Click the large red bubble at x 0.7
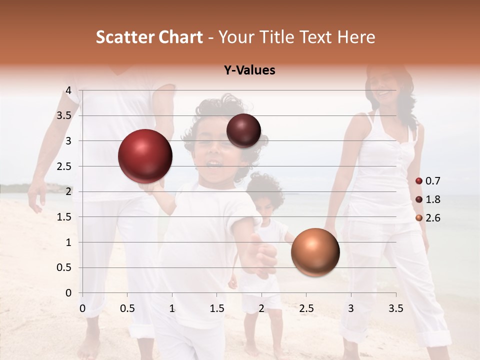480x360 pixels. (145, 156)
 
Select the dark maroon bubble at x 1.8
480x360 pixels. (243, 130)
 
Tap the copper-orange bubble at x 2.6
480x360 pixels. (315, 252)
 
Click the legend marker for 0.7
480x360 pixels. (419, 181)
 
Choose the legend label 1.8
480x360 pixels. (432, 199)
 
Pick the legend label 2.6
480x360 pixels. (432, 218)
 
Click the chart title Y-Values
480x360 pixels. (249, 70)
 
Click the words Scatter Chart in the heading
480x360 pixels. (149, 37)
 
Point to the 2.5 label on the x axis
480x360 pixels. (306, 308)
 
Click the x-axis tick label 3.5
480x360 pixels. (395, 308)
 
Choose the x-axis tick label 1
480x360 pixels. (172, 308)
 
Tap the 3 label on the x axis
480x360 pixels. (351, 308)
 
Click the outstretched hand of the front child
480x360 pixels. (264, 255)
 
